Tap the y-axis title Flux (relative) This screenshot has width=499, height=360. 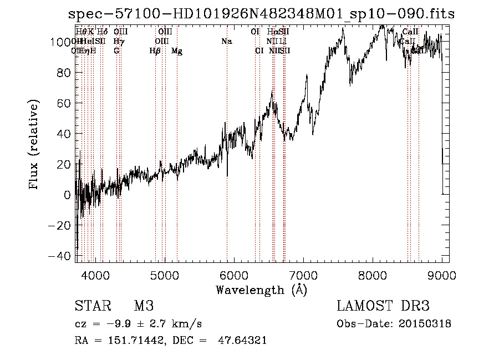pos(34,145)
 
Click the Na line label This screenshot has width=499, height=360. pos(226,42)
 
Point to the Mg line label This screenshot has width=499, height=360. pos(177,51)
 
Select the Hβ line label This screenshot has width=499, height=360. pos(155,51)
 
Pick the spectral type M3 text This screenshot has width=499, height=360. pos(144,306)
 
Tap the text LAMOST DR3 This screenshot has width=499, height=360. pos(383,306)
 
